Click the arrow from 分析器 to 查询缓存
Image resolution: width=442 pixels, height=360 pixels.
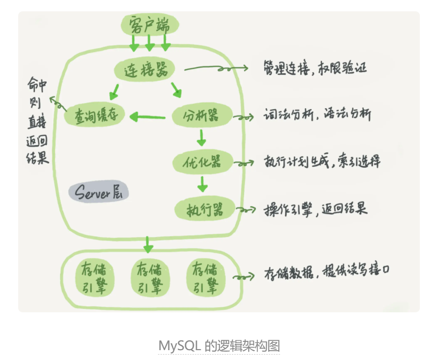(x=148, y=117)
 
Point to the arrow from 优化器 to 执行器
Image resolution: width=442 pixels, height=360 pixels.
(x=201, y=184)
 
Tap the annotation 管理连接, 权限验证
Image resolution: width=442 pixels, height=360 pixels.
(x=315, y=68)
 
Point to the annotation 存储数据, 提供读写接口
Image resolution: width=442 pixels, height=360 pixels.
(x=327, y=273)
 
